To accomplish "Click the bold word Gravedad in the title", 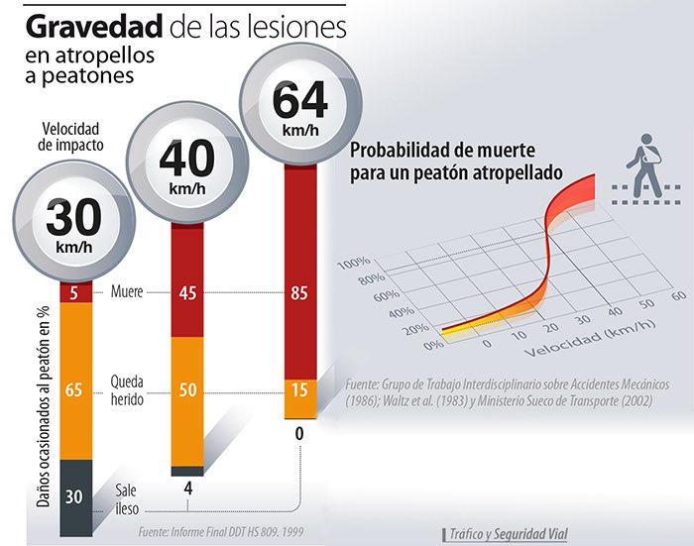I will point(83,25).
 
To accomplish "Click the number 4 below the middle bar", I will point(187,489).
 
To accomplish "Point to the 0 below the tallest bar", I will point(299,433).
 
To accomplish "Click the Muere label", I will point(128,292).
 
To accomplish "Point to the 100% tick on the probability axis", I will point(353,263).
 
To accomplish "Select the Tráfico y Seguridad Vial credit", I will point(507,533).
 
